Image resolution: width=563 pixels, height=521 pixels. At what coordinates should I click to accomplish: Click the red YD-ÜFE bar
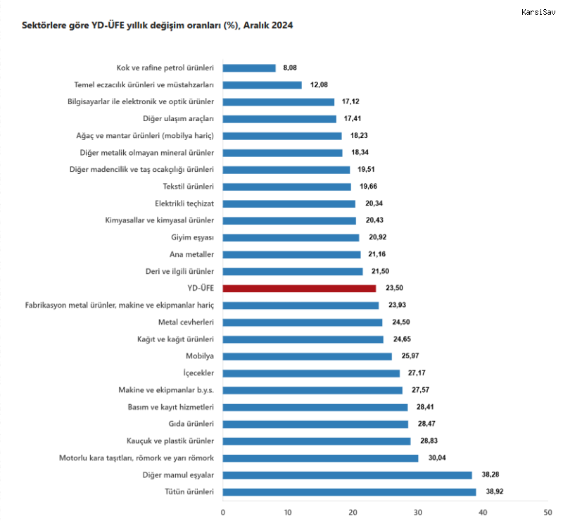click(x=299, y=288)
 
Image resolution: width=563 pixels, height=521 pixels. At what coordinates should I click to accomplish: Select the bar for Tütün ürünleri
click(x=349, y=492)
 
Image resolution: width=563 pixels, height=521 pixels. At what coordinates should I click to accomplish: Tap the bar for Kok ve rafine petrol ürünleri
click(x=249, y=68)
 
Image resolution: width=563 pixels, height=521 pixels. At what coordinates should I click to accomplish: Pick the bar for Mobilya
click(x=307, y=356)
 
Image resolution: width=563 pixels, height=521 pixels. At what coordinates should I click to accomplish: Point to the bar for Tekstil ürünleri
click(x=286, y=187)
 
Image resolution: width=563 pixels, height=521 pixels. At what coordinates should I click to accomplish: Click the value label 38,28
click(x=490, y=475)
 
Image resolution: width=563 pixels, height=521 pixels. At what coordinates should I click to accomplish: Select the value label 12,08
click(x=320, y=84)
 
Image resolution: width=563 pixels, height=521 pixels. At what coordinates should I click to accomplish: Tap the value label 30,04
click(x=436, y=458)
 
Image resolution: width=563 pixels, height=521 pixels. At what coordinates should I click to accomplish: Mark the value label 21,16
click(x=379, y=254)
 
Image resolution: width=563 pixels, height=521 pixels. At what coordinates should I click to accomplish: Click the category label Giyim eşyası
click(x=191, y=237)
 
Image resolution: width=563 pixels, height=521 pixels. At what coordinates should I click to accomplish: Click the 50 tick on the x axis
click(x=547, y=512)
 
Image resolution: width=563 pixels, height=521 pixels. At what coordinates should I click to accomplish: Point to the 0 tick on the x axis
click(x=223, y=512)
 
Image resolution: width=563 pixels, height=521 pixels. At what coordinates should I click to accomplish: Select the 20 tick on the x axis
click(x=353, y=512)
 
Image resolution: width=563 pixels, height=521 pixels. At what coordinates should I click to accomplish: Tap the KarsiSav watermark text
click(x=538, y=12)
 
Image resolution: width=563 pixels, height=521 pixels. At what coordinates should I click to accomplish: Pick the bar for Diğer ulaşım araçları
click(x=279, y=118)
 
